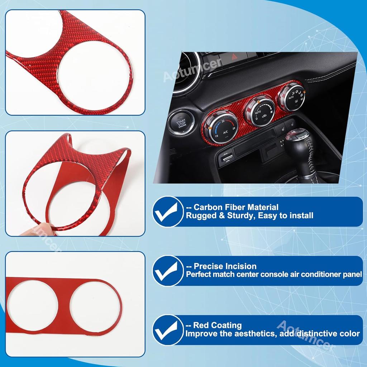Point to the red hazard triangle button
click(235, 57)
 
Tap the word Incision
click(241, 266)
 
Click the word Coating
click(227, 325)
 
